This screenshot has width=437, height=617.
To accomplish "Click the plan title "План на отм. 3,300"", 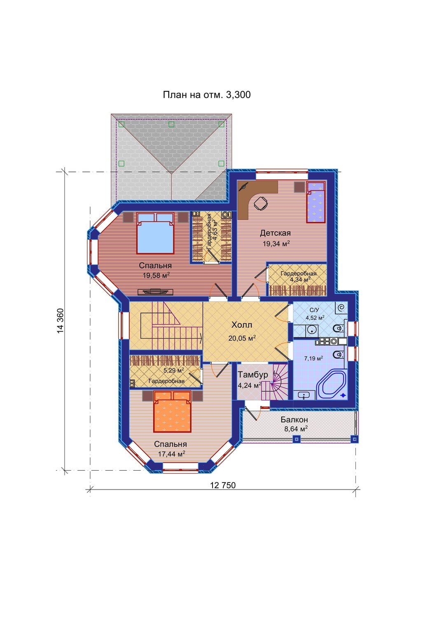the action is point(207,95).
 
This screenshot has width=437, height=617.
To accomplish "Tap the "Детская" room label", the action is point(275,233).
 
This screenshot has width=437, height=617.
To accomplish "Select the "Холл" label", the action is point(242,325).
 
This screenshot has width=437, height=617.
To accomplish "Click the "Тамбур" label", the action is point(253,375).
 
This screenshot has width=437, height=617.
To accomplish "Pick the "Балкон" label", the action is point(294,420).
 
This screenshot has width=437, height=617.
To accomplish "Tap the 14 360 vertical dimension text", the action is point(61,320).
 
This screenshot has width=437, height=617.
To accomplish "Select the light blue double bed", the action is point(155,233).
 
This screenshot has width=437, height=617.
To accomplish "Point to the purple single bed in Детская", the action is point(316,202).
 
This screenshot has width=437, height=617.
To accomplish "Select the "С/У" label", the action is point(314,310).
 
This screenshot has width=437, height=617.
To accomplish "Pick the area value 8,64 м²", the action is point(296,429).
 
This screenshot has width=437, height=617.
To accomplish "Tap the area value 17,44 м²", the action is point(171,454).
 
